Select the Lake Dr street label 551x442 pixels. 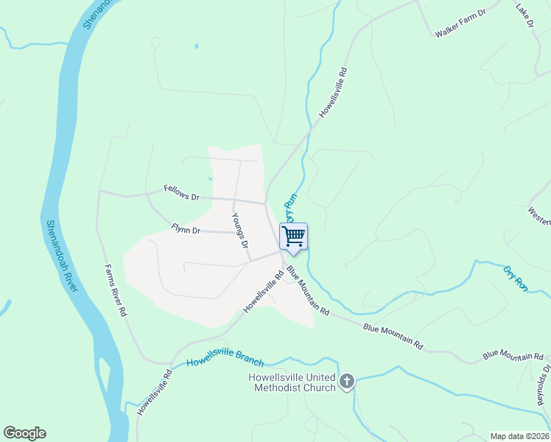point(524,17)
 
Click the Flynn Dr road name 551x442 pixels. point(186,230)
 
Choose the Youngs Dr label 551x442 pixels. point(240,231)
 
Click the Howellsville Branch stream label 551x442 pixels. point(225,359)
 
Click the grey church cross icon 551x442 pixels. point(346,381)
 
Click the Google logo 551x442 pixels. point(24,433)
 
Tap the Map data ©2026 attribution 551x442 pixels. point(519,436)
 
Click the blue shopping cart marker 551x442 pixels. point(293,236)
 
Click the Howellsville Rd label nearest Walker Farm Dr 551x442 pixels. point(332,94)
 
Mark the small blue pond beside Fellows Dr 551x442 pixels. point(210,179)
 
